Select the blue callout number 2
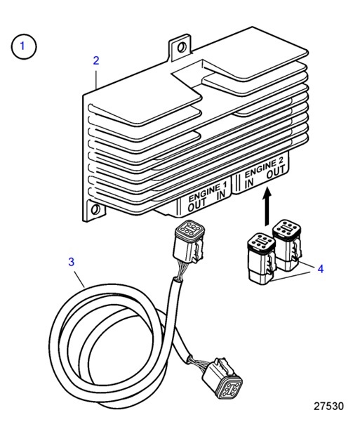(97, 60)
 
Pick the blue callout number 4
(321, 268)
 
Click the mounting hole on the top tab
(182, 48)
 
